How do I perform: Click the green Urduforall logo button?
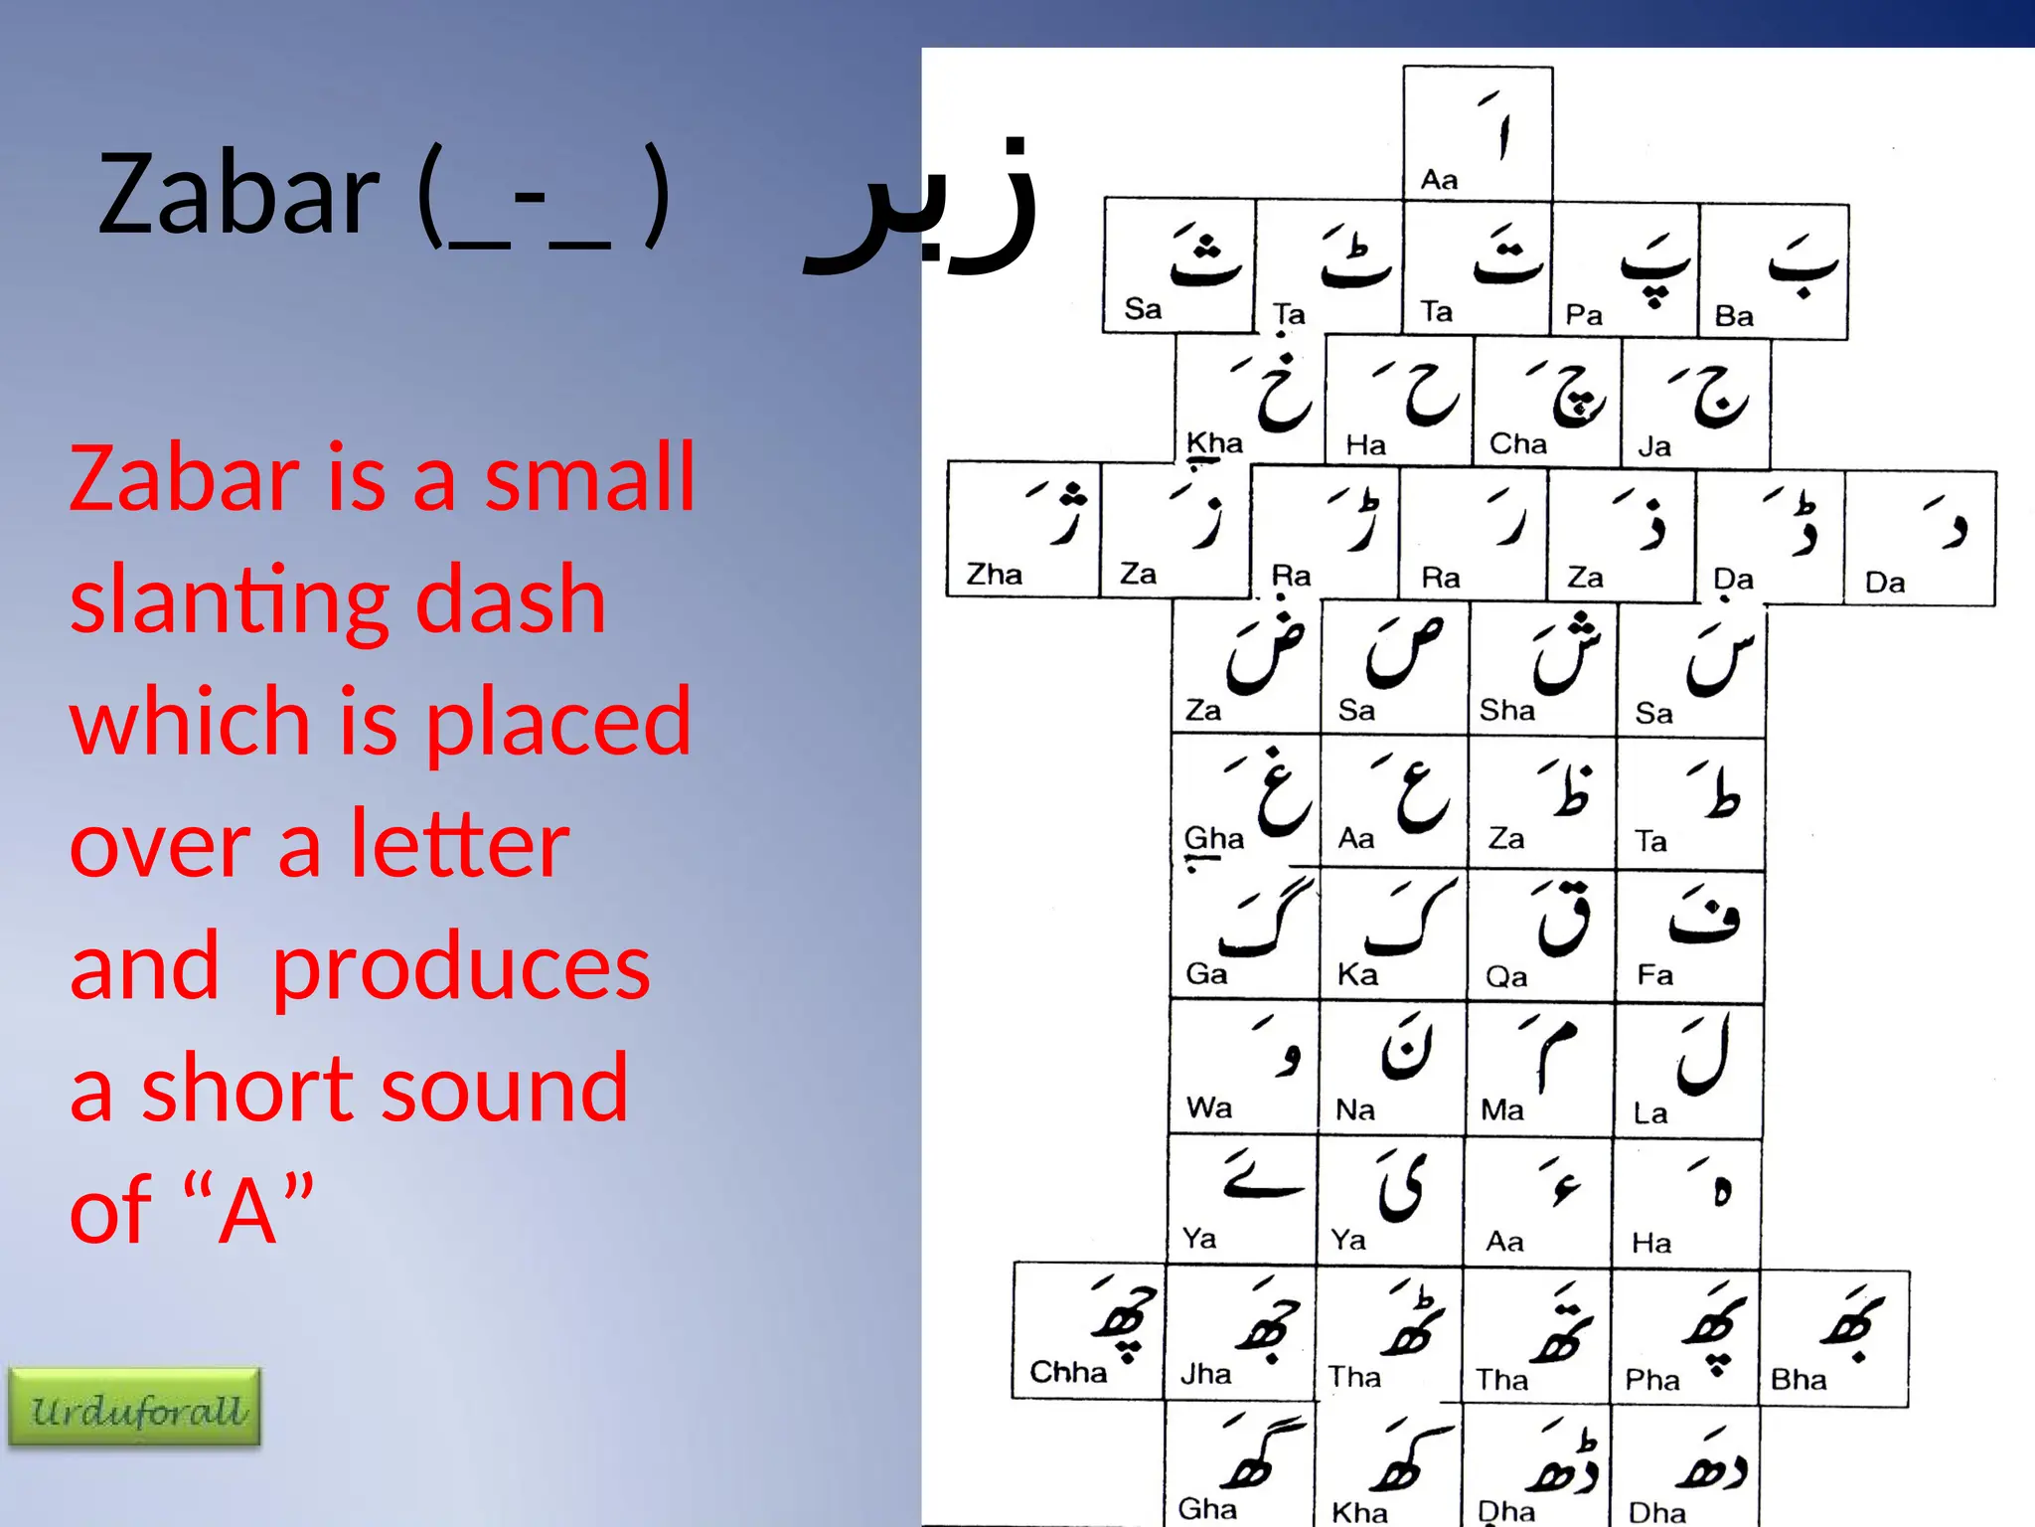[135, 1407]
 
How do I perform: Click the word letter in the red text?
[459, 844]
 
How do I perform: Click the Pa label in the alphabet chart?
[1584, 315]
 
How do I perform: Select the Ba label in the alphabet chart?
[1734, 316]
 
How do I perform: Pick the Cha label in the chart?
[1517, 443]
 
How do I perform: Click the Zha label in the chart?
[994, 574]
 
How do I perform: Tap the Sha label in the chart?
[1506, 710]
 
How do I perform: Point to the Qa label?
[1506, 976]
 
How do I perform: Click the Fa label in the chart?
[1654, 974]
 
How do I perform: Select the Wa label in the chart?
[1208, 1107]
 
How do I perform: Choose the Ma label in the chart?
[1501, 1109]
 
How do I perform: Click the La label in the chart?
[1649, 1112]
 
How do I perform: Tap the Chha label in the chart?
[1068, 1372]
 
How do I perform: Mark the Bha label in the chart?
[1799, 1379]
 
